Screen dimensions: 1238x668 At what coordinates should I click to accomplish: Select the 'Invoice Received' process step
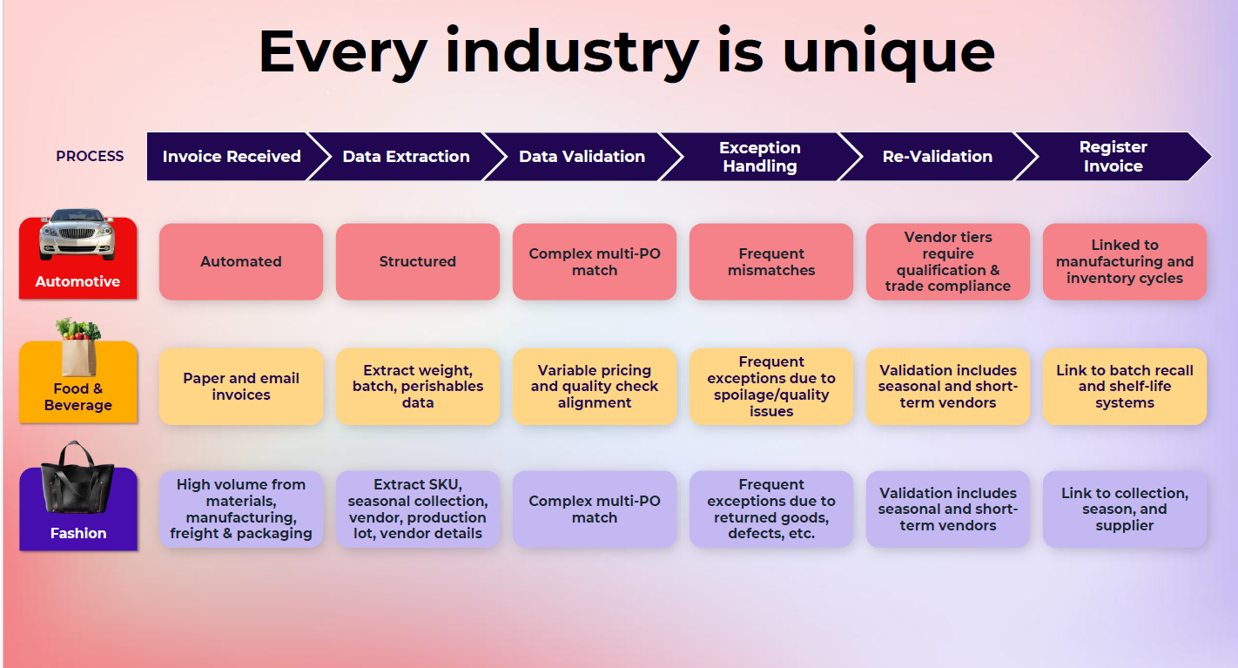click(232, 157)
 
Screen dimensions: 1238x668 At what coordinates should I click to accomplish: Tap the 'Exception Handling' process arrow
click(761, 157)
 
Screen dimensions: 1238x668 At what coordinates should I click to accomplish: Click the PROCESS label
click(90, 157)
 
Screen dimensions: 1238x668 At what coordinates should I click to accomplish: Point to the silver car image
click(77, 234)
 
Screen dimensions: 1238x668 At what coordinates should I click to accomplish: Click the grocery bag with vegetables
click(78, 347)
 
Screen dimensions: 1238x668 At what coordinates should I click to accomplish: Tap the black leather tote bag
click(77, 476)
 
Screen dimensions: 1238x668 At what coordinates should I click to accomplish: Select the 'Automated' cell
click(241, 261)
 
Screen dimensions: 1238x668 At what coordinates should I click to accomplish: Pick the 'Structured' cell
click(418, 261)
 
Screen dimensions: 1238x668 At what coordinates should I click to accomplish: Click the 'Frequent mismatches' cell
click(771, 261)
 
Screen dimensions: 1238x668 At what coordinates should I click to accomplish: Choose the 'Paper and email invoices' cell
click(241, 387)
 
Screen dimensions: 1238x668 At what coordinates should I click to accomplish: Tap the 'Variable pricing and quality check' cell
click(595, 387)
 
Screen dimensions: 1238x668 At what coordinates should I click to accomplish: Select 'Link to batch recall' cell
click(1125, 387)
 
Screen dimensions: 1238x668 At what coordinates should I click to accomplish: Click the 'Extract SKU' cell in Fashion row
click(418, 509)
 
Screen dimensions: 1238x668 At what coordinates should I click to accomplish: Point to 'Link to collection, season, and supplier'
click(1125, 509)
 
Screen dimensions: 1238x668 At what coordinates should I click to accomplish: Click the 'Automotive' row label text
click(78, 281)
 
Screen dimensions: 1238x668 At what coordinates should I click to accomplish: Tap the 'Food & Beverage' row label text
click(78, 396)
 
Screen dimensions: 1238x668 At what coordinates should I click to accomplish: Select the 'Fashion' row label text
click(78, 533)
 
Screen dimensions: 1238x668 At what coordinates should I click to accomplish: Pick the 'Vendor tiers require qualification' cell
click(948, 261)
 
